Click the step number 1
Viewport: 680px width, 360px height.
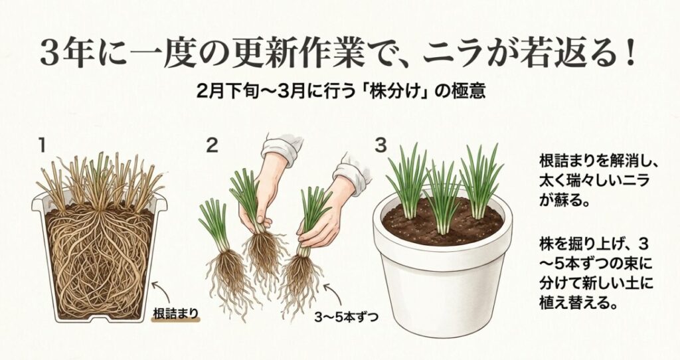(42, 145)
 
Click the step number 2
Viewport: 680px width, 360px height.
(212, 145)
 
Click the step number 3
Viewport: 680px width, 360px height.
(381, 144)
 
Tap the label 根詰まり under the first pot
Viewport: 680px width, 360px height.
(177, 313)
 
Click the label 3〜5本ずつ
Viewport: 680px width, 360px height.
(346, 317)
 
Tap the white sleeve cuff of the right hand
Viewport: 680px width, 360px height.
(355, 170)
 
